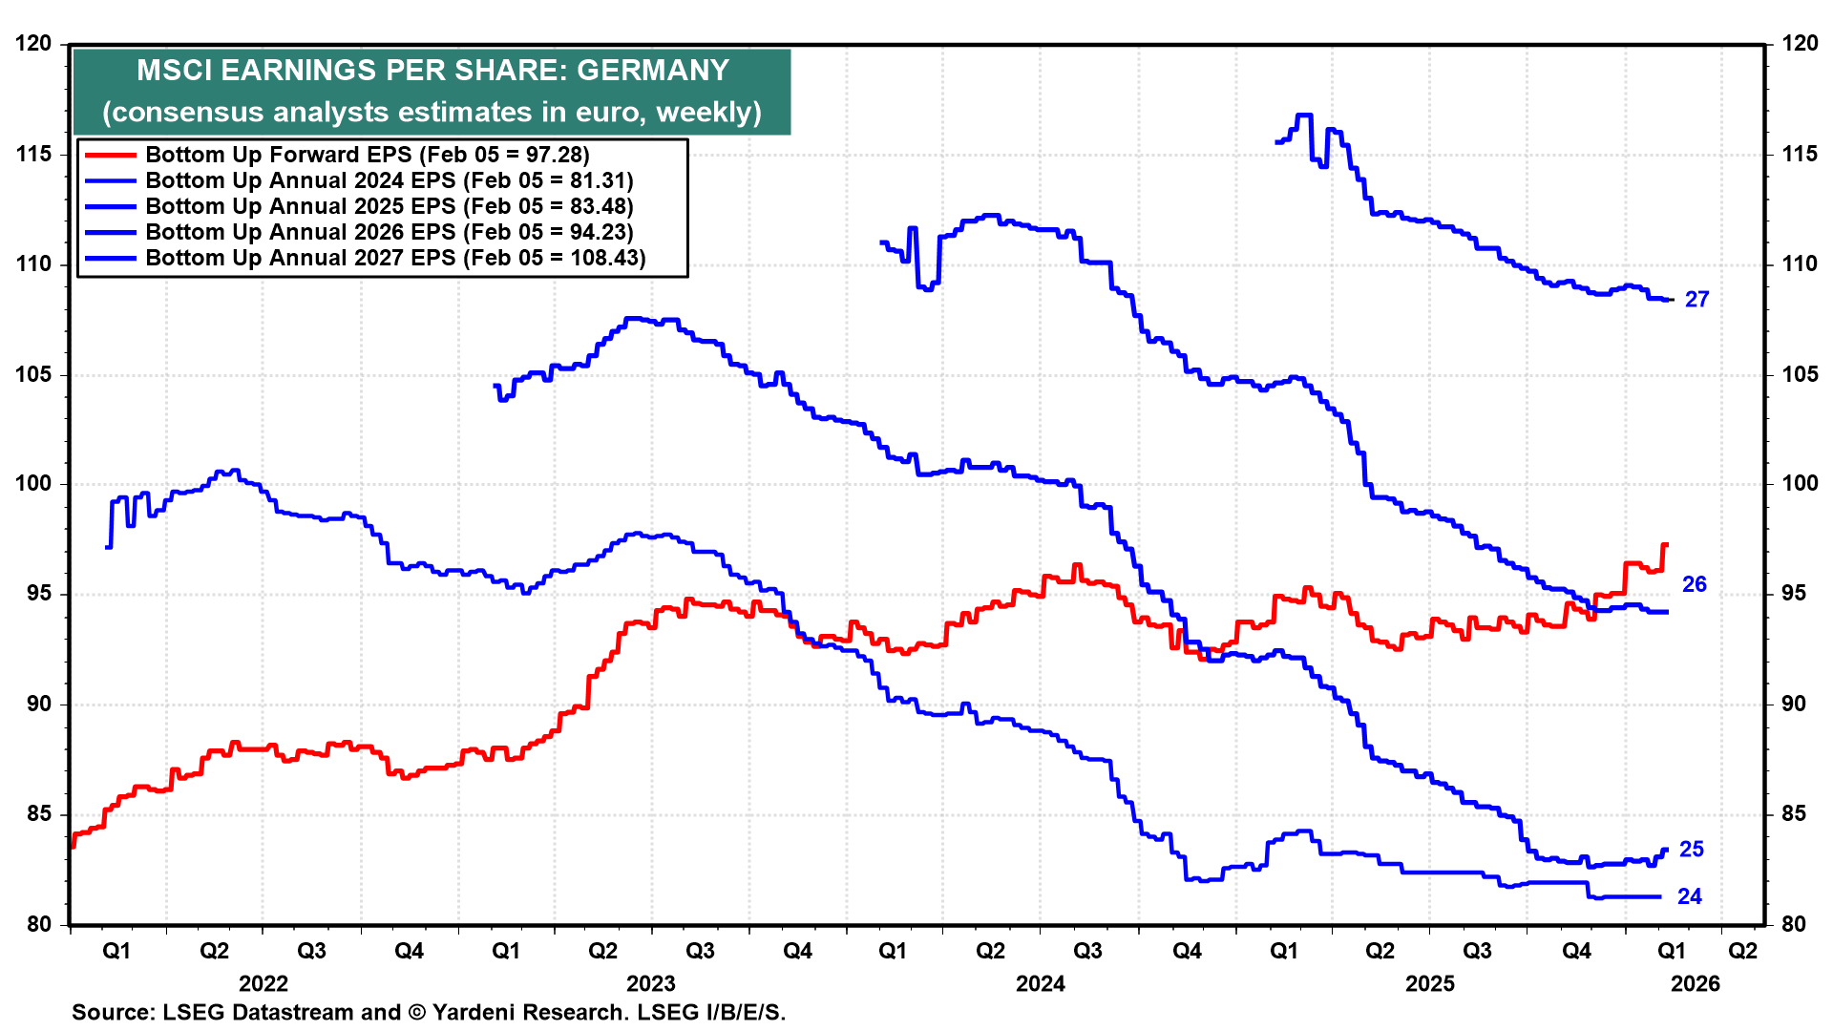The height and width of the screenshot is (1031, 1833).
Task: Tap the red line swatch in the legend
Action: [111, 155]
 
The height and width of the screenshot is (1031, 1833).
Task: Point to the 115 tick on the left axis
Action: [33, 155]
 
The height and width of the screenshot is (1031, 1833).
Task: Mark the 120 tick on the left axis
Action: [33, 44]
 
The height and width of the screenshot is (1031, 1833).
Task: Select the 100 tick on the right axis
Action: [1799, 483]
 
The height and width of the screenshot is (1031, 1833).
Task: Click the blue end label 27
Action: [1696, 300]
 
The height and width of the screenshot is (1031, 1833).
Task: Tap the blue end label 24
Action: [1689, 896]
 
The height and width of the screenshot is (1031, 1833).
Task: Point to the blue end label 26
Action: [1694, 584]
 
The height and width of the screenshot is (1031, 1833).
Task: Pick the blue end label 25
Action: [1691, 849]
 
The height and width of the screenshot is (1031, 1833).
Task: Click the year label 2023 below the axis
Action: [650, 983]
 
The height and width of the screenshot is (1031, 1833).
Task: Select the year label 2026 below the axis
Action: [1695, 983]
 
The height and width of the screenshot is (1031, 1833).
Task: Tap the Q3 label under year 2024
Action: [1087, 951]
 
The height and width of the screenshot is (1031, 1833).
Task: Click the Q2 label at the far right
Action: [1742, 951]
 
